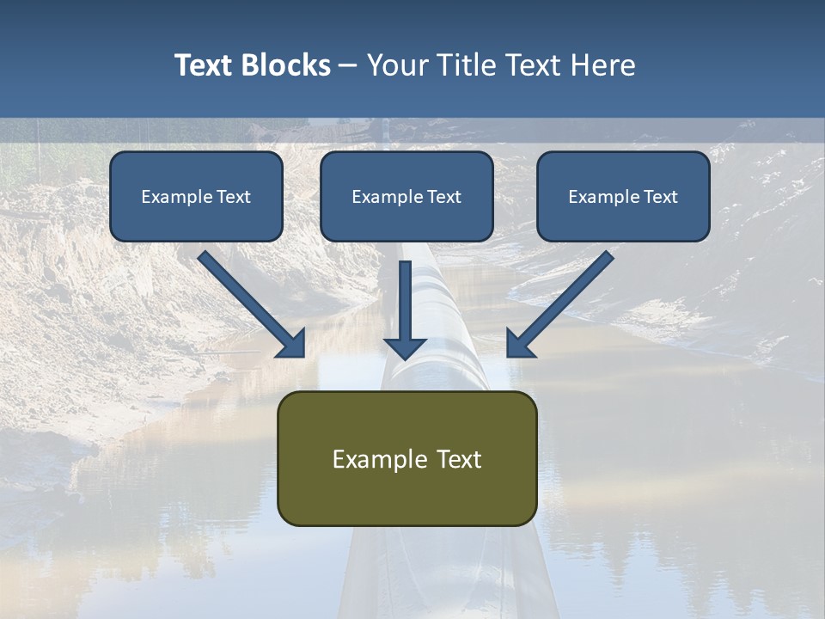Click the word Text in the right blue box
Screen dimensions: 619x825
click(x=661, y=197)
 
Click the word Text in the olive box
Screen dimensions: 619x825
click(x=459, y=459)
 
